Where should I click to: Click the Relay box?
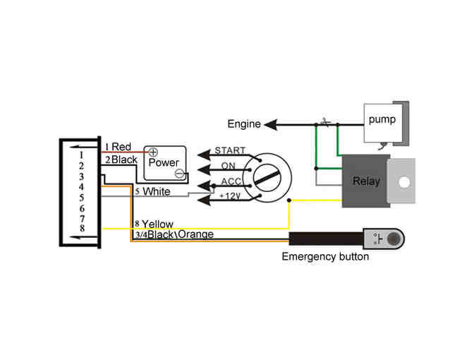[x=366, y=181]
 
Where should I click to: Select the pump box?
[x=382, y=120]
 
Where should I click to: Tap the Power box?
[x=164, y=163]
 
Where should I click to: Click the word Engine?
[x=243, y=125]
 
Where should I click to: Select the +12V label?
[x=230, y=196]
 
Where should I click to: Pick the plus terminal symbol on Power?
[x=152, y=152]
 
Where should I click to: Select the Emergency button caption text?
[x=325, y=256]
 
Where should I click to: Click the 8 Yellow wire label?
[x=153, y=224]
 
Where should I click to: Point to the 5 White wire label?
[x=152, y=191]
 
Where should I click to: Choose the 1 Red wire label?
[x=118, y=147]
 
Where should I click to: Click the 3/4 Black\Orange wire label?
[x=173, y=234]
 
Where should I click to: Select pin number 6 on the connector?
[x=82, y=208]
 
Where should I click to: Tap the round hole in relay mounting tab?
[x=404, y=181]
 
